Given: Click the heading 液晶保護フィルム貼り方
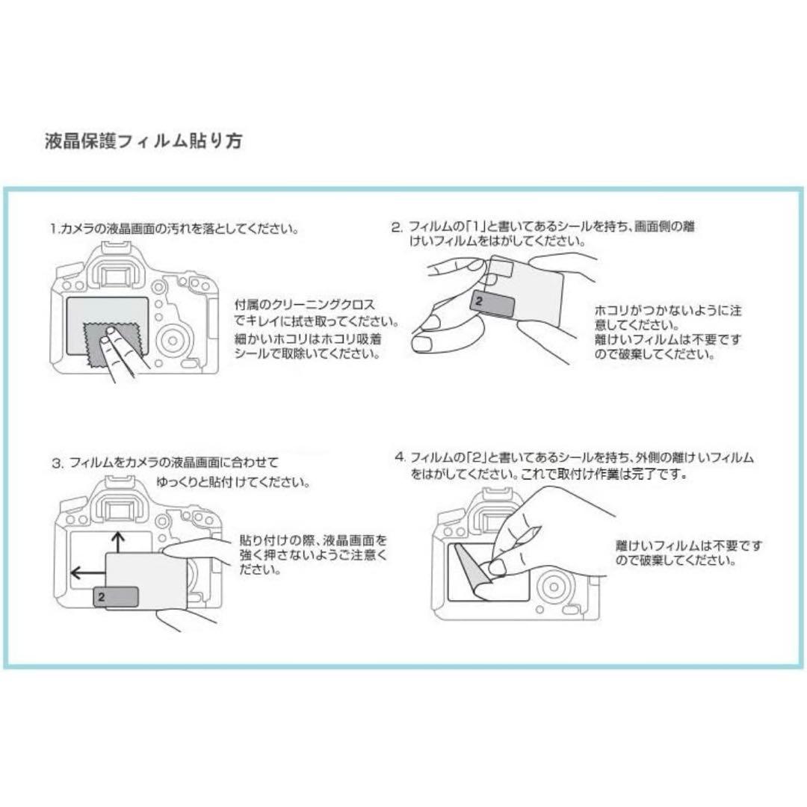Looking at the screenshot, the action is click(143, 141).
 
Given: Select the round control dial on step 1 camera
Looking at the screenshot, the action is click(173, 340).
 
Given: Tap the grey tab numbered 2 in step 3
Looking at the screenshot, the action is click(116, 597).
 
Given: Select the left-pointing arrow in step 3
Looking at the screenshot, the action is click(88, 572).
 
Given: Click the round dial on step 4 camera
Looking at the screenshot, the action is click(554, 587).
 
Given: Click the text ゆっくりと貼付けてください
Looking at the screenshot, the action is click(233, 483).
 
